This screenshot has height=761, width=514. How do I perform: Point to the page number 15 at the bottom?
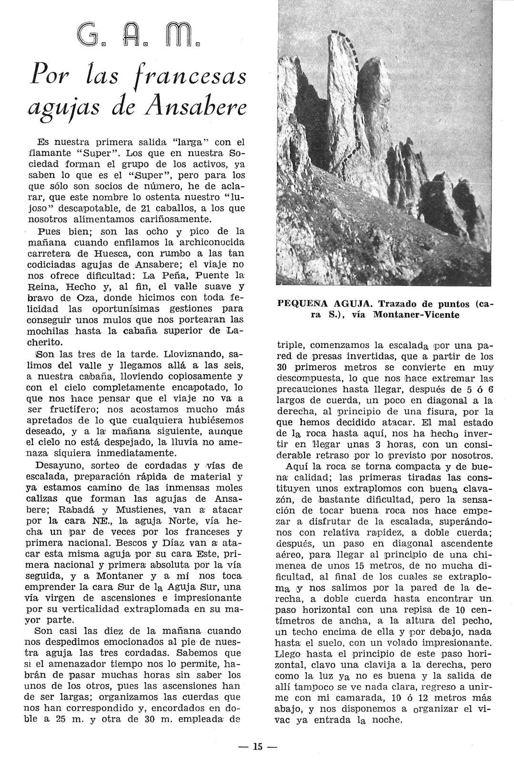coord(257,747)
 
